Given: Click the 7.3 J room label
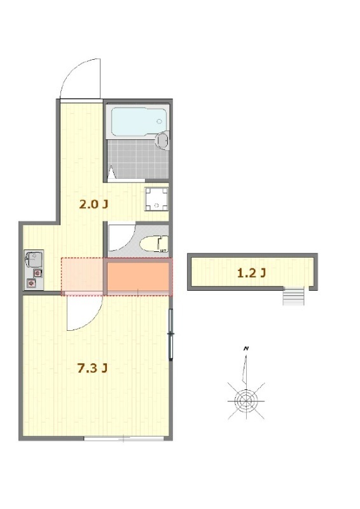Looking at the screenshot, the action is coord(92,368).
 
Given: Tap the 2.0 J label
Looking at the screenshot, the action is coord(93,204).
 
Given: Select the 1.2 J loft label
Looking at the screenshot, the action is coord(252,273).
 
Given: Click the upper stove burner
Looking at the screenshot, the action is coord(38,273).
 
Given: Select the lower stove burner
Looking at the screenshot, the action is coord(32,283).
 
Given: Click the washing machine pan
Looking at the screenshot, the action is coord(156,199).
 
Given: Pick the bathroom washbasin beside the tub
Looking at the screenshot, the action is coord(162,140).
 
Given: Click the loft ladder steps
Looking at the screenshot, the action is coord(293,296).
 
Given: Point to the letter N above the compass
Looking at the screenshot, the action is coord(246,349).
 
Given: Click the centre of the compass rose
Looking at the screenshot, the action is coord(246,401).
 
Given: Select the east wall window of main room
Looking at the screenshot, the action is coord(170,334).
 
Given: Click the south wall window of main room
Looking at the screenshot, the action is coord(123,438).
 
